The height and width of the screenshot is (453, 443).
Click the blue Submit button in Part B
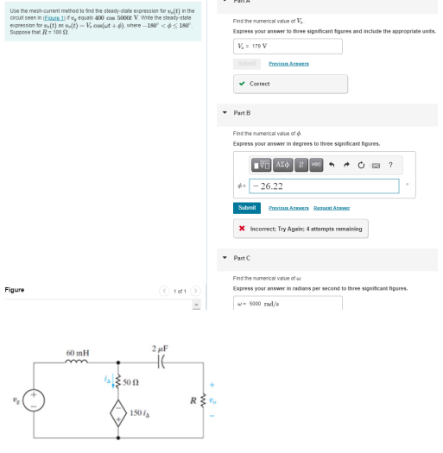[246, 208]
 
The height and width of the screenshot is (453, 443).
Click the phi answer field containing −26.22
[325, 186]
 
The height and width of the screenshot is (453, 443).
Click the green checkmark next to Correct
[243, 84]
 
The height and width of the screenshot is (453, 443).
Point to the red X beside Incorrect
[243, 229]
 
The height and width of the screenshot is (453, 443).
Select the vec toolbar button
[316, 165]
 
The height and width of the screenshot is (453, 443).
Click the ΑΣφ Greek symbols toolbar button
[282, 165]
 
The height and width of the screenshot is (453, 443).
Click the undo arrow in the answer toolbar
[331, 165]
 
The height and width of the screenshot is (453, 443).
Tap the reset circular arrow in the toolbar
[361, 165]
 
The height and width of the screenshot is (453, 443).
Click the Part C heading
[242, 258]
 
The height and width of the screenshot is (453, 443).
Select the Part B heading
[242, 113]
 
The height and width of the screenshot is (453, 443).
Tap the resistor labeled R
[204, 400]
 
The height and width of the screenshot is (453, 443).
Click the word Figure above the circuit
[15, 290]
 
